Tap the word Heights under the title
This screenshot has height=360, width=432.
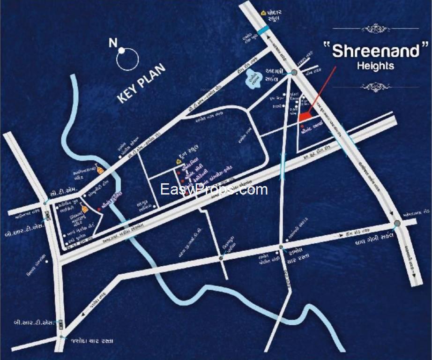[x=375, y=66]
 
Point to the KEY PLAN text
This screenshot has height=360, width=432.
[x=142, y=83]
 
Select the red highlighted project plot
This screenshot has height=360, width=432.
[x=305, y=116]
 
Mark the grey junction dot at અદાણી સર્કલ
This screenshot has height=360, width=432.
[x=294, y=72]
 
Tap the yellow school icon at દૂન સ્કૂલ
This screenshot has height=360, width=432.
[x=179, y=161]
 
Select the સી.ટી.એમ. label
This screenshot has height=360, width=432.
[x=60, y=194]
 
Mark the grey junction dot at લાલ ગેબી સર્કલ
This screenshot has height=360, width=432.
[x=397, y=223]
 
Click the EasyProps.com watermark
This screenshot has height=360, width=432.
[x=214, y=189]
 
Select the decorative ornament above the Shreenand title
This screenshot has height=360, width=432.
[x=375, y=29]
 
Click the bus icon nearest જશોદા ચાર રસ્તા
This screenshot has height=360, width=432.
[x=61, y=323]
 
